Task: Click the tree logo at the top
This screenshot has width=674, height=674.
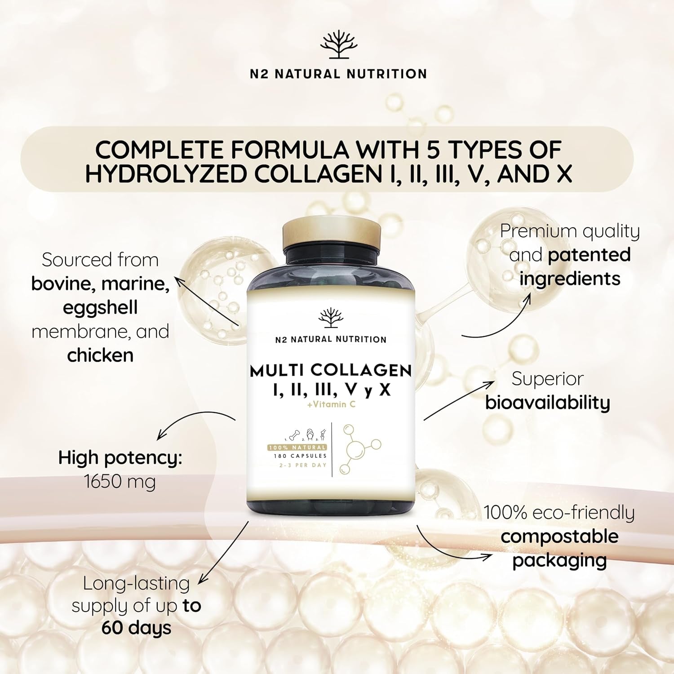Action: [338, 44]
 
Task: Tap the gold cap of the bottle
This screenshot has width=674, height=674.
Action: [332, 234]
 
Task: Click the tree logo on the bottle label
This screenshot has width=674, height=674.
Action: [331, 318]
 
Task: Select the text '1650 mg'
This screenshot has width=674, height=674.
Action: [120, 482]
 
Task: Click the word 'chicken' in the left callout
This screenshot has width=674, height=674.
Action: [100, 355]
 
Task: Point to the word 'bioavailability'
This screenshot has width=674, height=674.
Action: [548, 403]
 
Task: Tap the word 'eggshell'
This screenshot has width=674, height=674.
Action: [100, 308]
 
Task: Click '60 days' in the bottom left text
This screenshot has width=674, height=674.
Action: [136, 628]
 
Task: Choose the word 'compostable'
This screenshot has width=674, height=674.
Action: [559, 536]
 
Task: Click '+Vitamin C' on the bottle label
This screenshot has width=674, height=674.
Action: [331, 404]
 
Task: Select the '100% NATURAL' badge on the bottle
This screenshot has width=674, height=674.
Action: [297, 448]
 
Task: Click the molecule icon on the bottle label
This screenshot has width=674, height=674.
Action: [360, 449]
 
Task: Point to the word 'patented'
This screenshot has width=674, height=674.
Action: [589, 255]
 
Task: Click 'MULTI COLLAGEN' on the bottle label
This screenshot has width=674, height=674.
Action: [331, 371]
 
